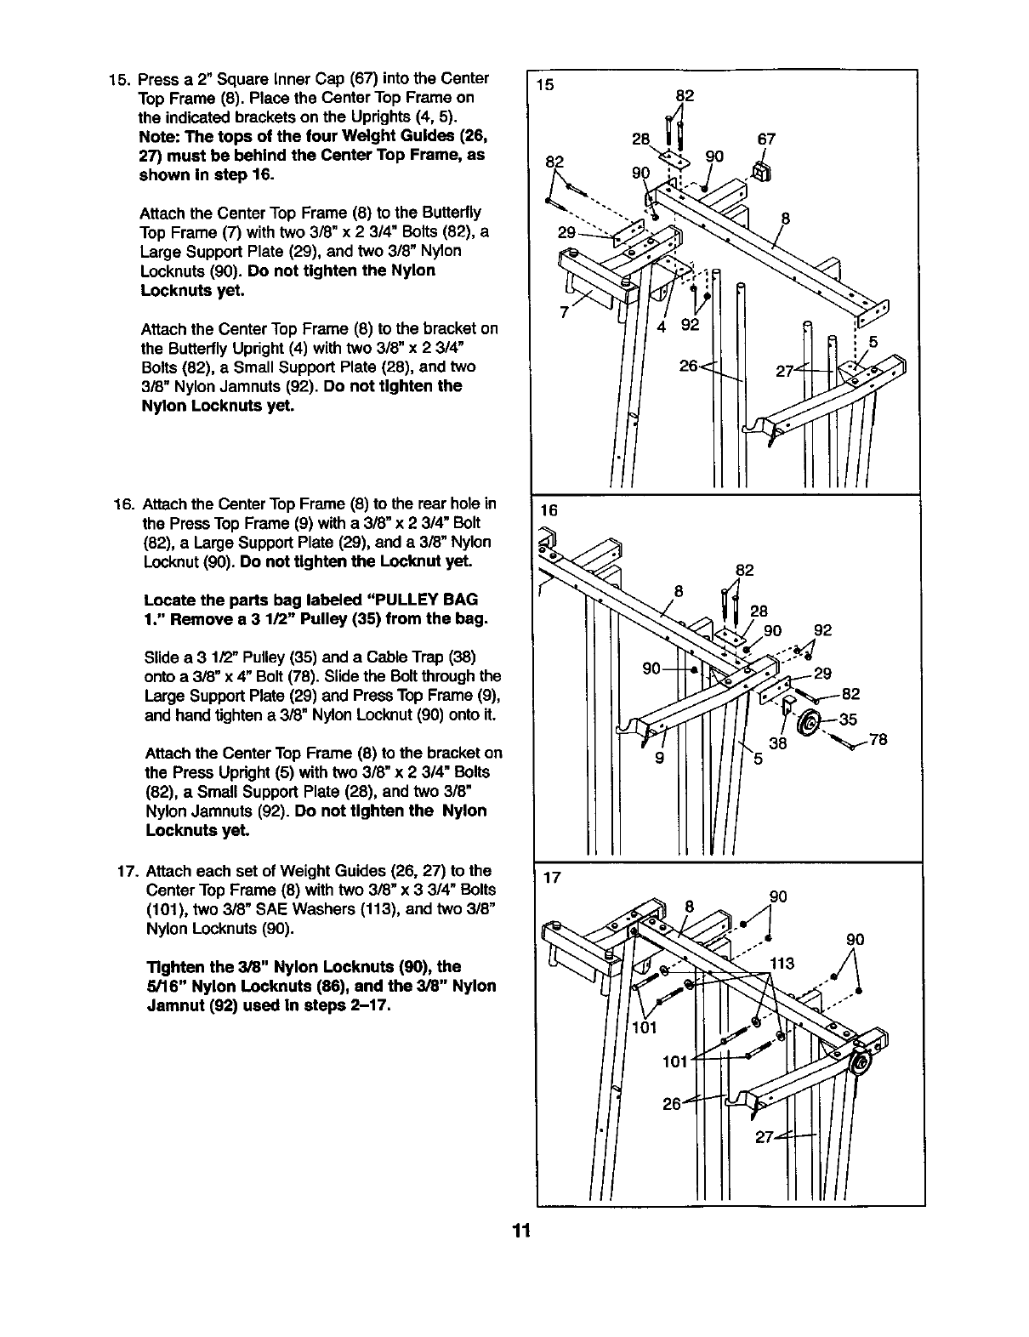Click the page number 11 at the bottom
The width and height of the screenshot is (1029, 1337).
521,1231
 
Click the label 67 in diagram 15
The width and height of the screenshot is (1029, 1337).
765,139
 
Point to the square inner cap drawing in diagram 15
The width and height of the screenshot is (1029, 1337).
761,173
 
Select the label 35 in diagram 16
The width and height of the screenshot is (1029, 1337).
848,720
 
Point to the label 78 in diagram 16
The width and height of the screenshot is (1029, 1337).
878,740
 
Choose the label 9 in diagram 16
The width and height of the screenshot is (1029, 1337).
659,759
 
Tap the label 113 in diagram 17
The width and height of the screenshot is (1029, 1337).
782,963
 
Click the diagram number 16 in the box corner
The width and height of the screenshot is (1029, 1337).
549,510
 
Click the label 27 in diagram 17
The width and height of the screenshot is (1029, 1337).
765,1138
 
